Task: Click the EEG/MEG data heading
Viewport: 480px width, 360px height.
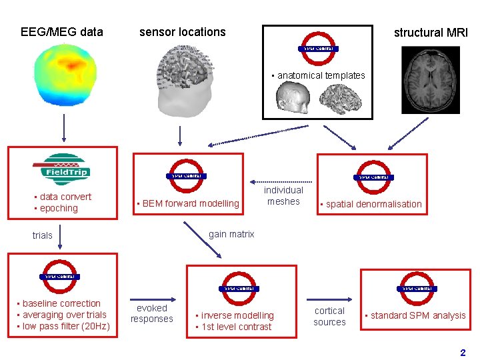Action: coord(62,31)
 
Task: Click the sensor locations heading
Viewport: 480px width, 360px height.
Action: coord(182,31)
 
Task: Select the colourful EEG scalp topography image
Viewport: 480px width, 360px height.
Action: coord(65,73)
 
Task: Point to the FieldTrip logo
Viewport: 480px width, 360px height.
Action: coord(61,167)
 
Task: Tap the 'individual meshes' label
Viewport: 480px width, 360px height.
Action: coord(284,196)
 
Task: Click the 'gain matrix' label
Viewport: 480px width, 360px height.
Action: coord(231,234)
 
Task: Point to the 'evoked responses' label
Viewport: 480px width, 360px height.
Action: coord(151,313)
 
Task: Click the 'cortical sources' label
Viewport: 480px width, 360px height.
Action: coord(330,316)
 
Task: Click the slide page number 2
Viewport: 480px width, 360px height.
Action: coord(463,352)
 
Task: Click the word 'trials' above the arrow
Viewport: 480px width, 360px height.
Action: coord(42,235)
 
